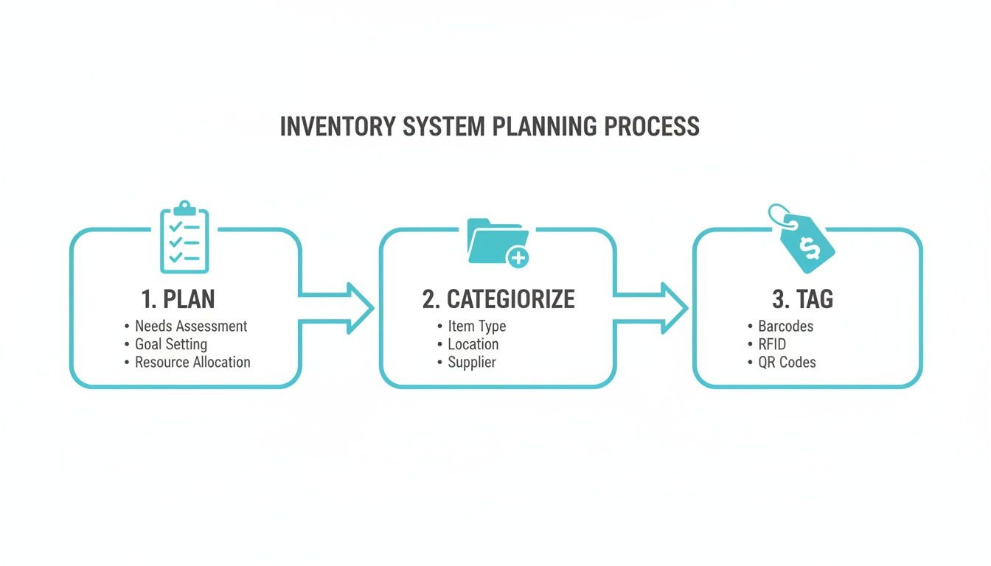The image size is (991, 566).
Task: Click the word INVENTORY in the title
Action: point(338,126)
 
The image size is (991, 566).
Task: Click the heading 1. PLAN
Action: point(178,299)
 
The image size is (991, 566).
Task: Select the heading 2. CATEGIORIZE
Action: point(498,299)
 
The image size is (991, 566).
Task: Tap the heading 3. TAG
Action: point(802,299)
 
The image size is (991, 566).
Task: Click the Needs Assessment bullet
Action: point(191,326)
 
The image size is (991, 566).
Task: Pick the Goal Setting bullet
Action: point(171,344)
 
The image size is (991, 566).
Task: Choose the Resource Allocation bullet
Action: point(192,363)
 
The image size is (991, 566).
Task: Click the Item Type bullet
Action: point(476,326)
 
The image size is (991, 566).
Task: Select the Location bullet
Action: point(473,344)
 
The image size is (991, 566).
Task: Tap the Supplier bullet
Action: point(472,363)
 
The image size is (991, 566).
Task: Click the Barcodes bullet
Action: point(785,326)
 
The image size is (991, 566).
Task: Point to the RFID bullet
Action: point(771,344)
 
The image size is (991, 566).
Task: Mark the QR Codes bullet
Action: point(787,363)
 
